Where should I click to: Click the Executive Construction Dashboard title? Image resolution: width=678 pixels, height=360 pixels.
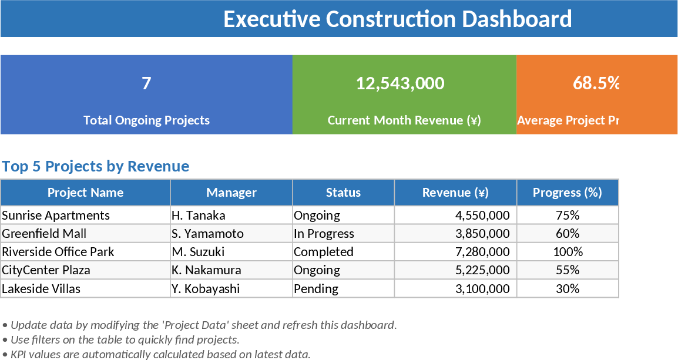(x=397, y=19)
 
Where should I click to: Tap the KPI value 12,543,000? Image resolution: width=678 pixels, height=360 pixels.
(x=400, y=83)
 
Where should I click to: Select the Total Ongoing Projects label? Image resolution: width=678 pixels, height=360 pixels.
(x=146, y=120)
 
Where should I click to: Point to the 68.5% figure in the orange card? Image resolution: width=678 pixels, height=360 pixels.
(x=596, y=83)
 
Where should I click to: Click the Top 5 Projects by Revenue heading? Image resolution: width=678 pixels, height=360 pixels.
(x=96, y=166)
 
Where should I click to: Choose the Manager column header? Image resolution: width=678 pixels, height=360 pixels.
(x=231, y=193)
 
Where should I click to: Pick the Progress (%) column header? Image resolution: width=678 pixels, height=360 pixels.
(x=567, y=193)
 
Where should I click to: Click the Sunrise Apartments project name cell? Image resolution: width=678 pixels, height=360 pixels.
(x=56, y=216)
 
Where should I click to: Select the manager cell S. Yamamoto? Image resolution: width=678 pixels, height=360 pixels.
(x=207, y=234)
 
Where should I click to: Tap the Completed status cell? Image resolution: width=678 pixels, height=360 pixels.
(x=324, y=252)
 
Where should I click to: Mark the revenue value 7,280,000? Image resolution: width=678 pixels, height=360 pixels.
(x=482, y=252)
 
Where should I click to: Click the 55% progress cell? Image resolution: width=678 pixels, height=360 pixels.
(x=567, y=270)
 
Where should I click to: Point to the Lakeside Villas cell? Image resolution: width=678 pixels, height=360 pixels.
(x=41, y=289)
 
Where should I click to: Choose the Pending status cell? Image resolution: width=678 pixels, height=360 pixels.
(x=316, y=289)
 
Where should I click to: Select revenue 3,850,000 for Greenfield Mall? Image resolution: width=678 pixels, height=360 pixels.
(x=482, y=234)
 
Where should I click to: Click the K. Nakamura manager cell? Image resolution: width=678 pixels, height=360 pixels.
(x=206, y=270)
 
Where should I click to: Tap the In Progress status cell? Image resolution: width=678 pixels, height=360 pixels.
(x=324, y=234)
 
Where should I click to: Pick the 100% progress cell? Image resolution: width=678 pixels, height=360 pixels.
(x=568, y=252)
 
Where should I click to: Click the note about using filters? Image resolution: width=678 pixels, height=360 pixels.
(x=121, y=339)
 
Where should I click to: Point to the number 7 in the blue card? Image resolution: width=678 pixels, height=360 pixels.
(x=146, y=83)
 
